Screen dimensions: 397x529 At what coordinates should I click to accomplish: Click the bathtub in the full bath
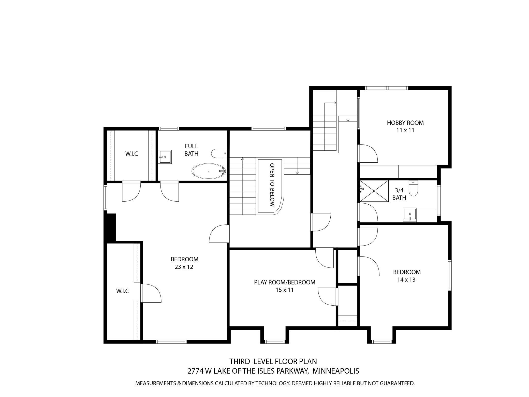pos(209,171)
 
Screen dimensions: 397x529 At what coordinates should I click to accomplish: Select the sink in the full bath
pos(165,157)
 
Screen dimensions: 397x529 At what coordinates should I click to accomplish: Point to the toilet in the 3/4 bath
pos(413,188)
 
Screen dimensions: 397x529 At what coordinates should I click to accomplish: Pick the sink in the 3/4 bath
pos(409,215)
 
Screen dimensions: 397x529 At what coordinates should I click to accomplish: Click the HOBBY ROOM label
pos(405,123)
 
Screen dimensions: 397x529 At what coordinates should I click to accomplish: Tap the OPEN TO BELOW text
pos(272,185)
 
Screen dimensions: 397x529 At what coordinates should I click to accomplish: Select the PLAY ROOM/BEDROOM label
pos(285,282)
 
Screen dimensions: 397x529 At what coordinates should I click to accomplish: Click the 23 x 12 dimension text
pos(184,267)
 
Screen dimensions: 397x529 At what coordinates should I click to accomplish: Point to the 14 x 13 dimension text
pos(406,280)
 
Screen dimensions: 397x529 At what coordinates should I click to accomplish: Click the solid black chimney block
pos(110,226)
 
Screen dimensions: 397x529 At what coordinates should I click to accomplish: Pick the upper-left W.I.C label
pos(131,154)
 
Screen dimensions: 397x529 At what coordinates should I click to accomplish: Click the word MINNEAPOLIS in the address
pos(336,371)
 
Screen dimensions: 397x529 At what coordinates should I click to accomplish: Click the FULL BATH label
pos(191,150)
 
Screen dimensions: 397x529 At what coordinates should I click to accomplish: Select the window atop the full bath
pos(169,129)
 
